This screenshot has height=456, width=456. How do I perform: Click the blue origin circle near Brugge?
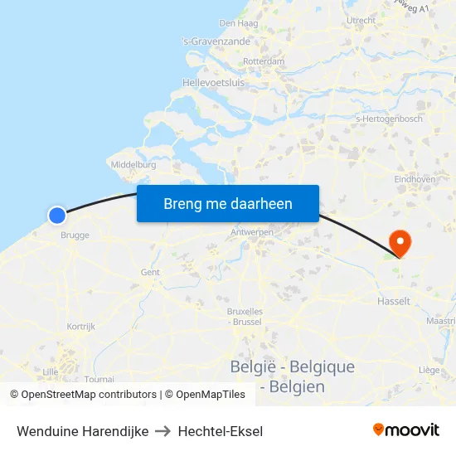[x=56, y=216]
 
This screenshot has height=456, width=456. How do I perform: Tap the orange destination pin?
[x=400, y=243]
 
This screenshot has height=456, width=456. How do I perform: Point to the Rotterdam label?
[x=264, y=62]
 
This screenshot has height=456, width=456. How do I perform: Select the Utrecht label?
[x=361, y=21]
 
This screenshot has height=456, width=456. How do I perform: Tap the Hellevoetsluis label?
[x=213, y=83]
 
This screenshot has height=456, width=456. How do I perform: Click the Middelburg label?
[x=133, y=165]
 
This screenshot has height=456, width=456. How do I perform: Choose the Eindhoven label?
[x=415, y=179]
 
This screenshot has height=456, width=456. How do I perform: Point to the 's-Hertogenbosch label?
[x=388, y=119]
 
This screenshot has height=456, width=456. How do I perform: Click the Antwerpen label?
[x=253, y=233]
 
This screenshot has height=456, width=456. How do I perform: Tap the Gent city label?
[x=150, y=272]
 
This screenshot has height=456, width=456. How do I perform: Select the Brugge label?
[x=75, y=235]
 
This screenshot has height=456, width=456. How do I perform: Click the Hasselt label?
[x=393, y=301]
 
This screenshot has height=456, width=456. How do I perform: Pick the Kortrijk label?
[x=80, y=327]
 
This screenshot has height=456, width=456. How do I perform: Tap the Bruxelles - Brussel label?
[x=245, y=316]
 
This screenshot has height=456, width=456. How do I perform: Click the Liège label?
[x=429, y=370]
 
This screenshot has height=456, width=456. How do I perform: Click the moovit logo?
[x=405, y=430]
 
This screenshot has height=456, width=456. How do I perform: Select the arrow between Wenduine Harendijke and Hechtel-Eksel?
[x=163, y=431]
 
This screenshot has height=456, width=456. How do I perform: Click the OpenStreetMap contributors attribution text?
[x=89, y=395]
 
